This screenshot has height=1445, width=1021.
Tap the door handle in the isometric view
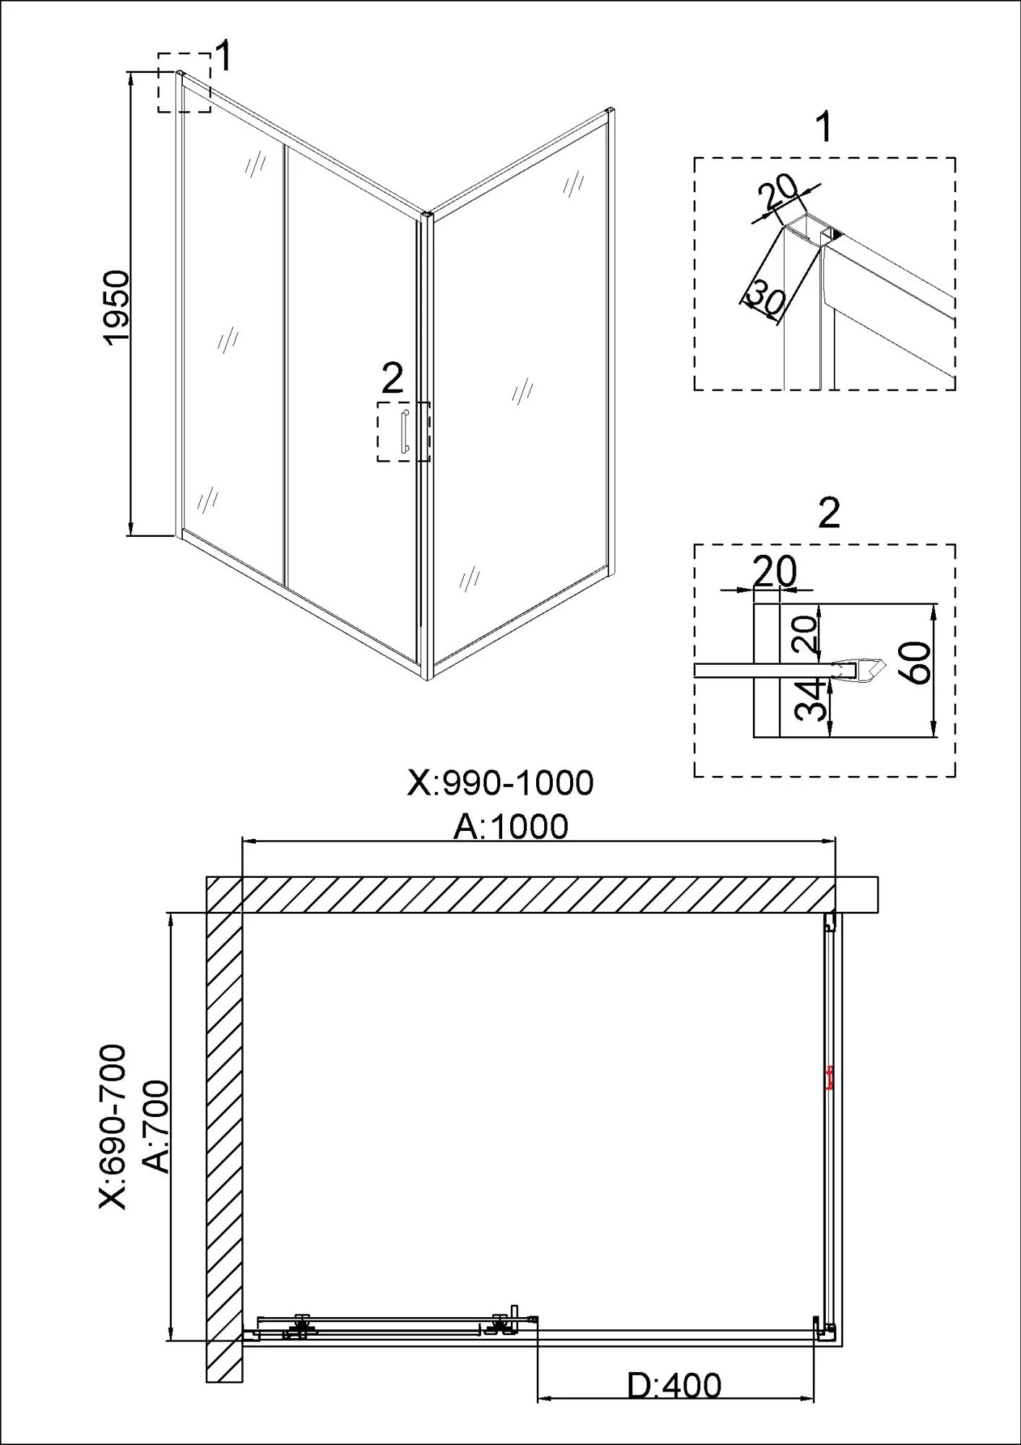click(404, 431)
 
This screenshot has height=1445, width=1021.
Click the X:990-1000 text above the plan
click(501, 782)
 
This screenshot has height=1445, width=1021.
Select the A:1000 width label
click(511, 827)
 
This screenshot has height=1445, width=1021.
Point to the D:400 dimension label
click(673, 1386)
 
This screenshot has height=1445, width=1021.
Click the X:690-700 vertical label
click(114, 1126)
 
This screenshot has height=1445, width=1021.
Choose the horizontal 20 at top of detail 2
click(775, 571)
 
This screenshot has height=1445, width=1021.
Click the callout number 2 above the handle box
click(392, 378)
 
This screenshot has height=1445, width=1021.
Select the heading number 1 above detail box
click(824, 128)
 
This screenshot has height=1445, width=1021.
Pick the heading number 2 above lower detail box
click(829, 514)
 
